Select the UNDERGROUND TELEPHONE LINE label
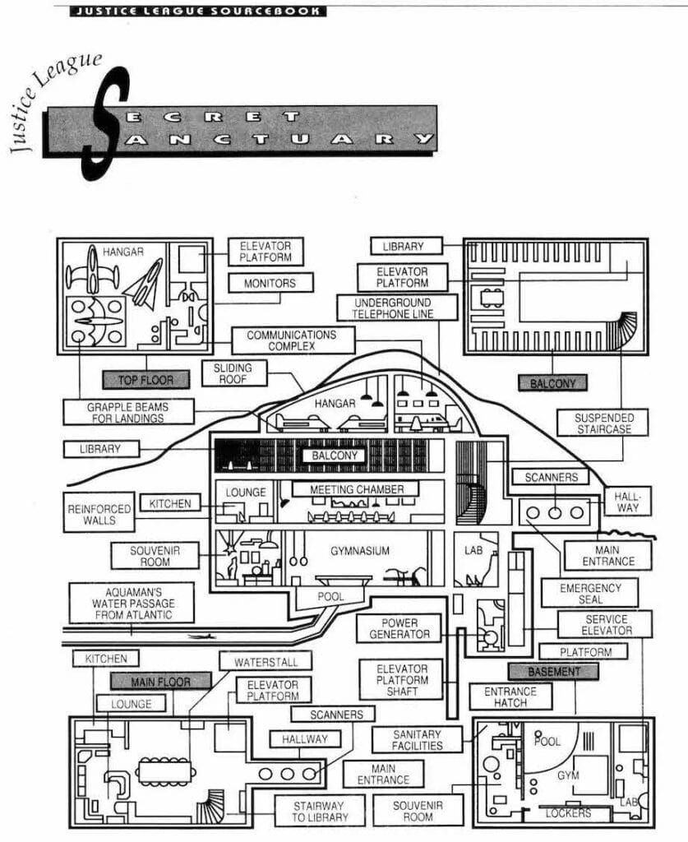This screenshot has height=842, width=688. [386, 308]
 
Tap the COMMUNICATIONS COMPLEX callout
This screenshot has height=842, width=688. [292, 340]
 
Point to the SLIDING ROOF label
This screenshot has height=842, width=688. [233, 373]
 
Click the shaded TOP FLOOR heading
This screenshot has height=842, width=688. [145, 379]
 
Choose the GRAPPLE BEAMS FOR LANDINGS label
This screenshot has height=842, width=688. [128, 411]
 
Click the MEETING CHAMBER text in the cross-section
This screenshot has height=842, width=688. [357, 490]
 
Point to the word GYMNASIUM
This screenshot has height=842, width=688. [359, 550]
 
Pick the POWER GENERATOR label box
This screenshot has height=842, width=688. [399, 629]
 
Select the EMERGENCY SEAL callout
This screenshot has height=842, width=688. [589, 594]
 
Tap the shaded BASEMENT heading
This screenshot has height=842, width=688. [553, 672]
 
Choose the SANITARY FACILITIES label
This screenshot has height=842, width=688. [417, 740]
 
